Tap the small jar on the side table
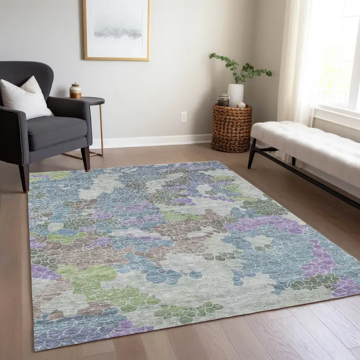tap(75, 91)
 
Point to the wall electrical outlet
tap(184, 117)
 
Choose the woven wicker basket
tap(231, 128)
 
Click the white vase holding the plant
tap(235, 95)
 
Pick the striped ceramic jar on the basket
tap(223, 100)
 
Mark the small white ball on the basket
tap(241, 105)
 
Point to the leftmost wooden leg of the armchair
tap(25, 178)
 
